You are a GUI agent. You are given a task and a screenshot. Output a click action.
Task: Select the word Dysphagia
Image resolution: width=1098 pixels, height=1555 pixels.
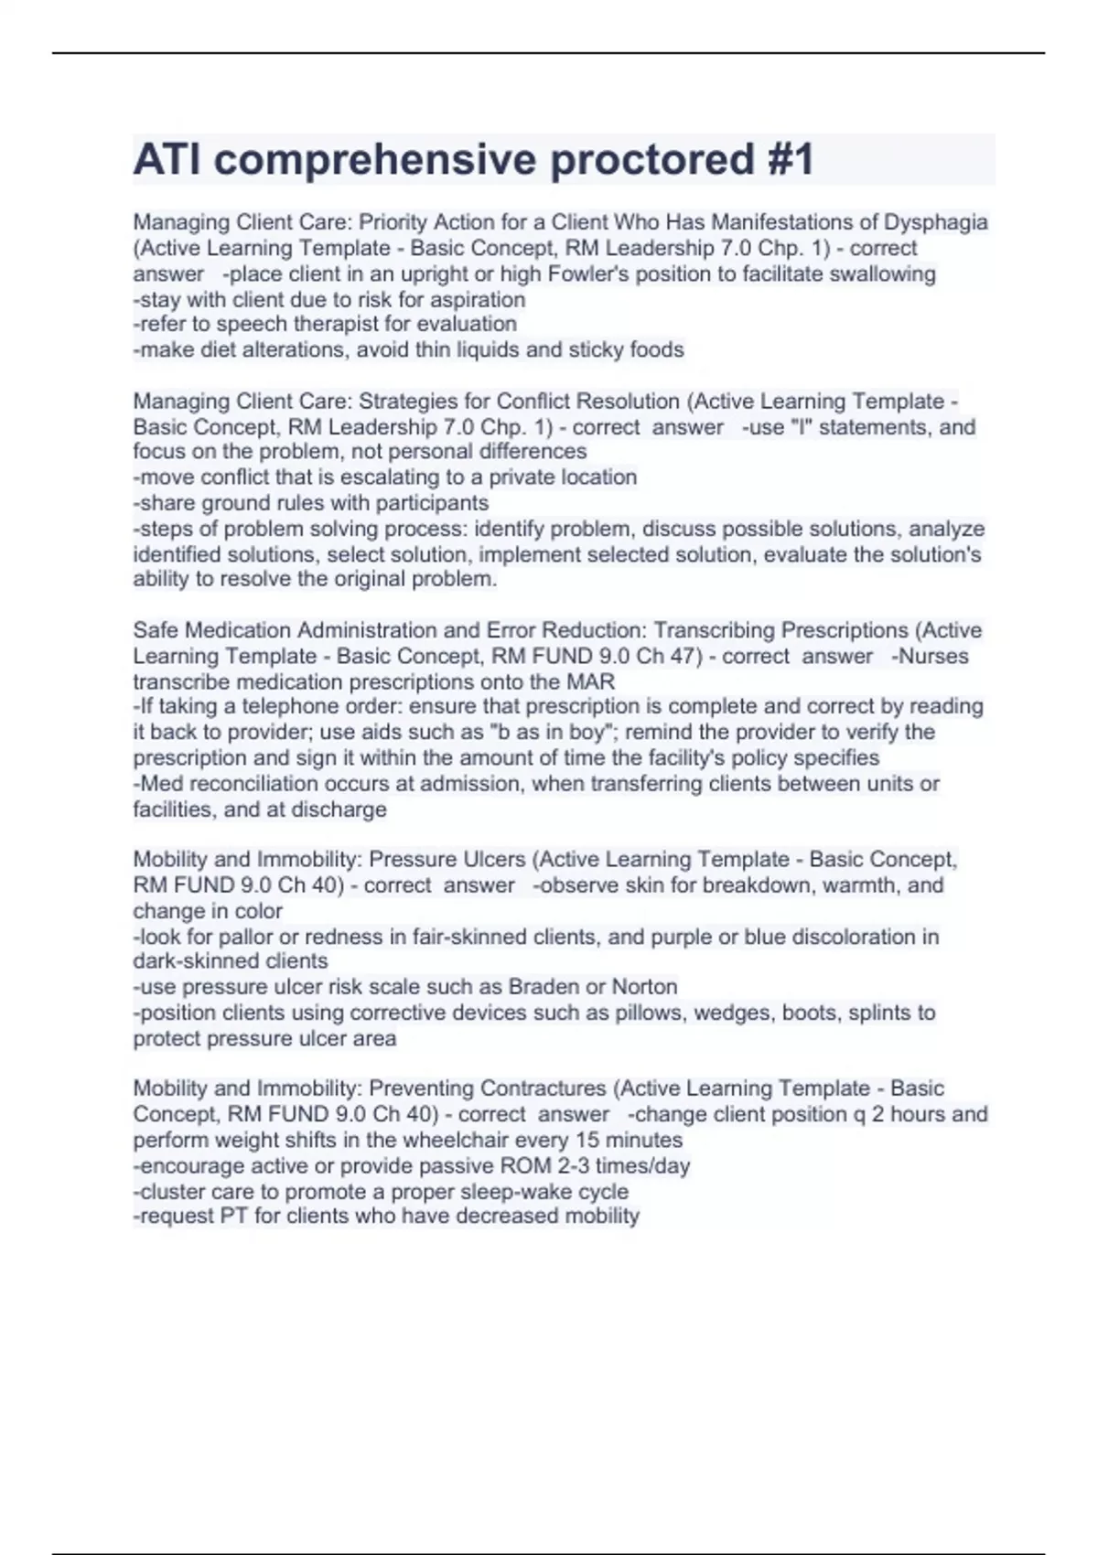935,222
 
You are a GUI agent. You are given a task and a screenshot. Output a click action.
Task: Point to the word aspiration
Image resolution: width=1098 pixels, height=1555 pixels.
481,300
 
